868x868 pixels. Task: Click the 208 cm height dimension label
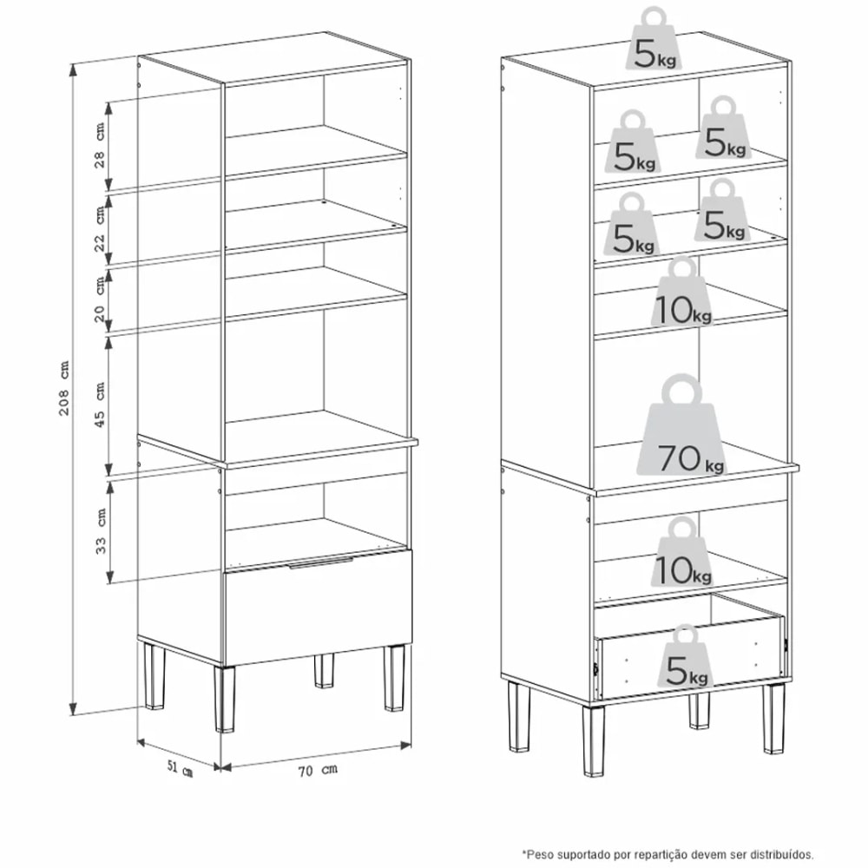pyautogui.click(x=64, y=387)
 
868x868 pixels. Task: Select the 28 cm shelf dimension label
pyautogui.click(x=99, y=145)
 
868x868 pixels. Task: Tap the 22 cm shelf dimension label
pyautogui.click(x=99, y=229)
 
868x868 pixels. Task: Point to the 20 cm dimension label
pyautogui.click(x=99, y=299)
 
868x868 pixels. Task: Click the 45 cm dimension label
pyautogui.click(x=99, y=404)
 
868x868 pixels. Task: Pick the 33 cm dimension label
pyautogui.click(x=100, y=531)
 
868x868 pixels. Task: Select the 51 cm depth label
pyautogui.click(x=180, y=768)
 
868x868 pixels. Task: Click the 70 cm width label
pyautogui.click(x=317, y=770)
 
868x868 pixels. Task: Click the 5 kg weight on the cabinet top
pyautogui.click(x=654, y=39)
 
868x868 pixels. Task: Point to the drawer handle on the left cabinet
pyautogui.click(x=320, y=562)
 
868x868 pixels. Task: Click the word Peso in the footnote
pyautogui.click(x=537, y=855)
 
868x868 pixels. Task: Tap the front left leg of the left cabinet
pyautogui.click(x=224, y=699)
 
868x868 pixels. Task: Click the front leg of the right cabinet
pyautogui.click(x=593, y=740)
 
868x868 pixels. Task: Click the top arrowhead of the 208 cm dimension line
pyautogui.click(x=73, y=69)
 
